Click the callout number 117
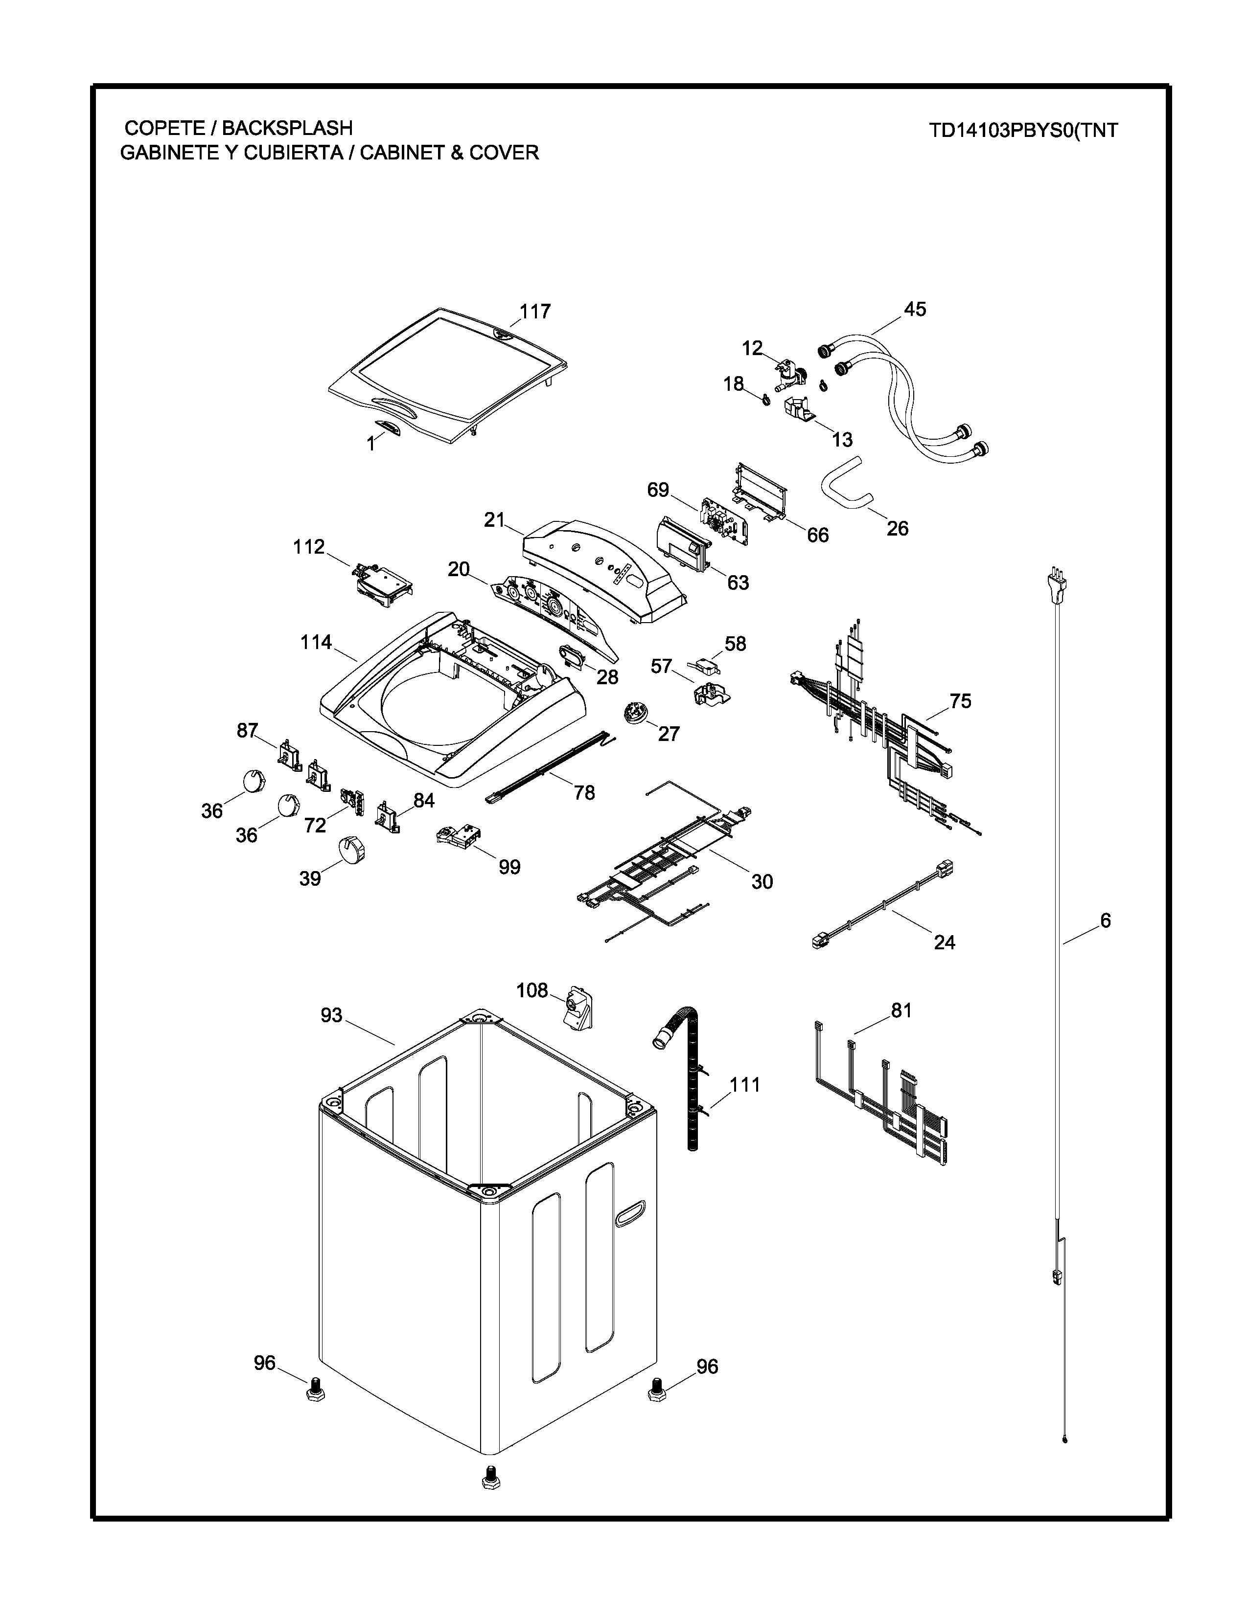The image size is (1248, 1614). (534, 311)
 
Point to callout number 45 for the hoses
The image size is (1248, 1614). (915, 309)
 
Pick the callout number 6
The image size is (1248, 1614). (1105, 920)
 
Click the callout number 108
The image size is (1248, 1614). (532, 989)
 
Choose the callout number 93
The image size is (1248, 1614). (331, 1015)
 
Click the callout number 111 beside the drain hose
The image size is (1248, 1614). (744, 1085)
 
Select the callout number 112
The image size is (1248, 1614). (308, 546)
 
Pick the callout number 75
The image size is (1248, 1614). (960, 700)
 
